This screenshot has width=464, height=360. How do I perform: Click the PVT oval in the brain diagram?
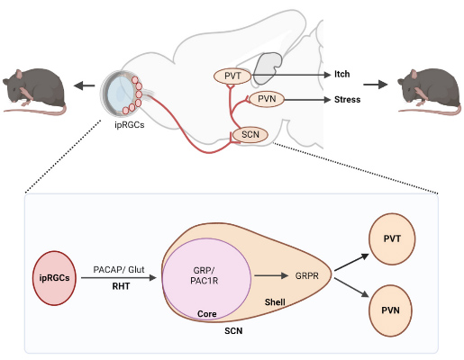[232, 76]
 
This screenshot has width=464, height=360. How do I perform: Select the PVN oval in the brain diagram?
[267, 99]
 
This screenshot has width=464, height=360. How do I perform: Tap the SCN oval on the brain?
[250, 135]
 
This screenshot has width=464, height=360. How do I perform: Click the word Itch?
[342, 74]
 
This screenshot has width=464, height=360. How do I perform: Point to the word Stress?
[348, 99]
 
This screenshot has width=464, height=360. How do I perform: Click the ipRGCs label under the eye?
[130, 125]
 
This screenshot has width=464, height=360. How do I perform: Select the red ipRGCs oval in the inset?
[54, 278]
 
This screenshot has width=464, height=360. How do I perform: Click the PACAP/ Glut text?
[119, 269]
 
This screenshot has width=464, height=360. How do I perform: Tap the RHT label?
[121, 286]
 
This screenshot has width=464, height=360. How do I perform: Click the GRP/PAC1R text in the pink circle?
[205, 275]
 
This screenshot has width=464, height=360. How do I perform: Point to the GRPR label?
[306, 275]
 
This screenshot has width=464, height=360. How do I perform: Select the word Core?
[207, 314]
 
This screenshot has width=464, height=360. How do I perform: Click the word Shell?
[275, 301]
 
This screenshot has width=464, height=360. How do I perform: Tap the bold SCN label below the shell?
[233, 331]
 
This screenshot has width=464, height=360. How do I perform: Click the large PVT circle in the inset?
[392, 238]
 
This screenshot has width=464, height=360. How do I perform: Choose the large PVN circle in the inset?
[390, 310]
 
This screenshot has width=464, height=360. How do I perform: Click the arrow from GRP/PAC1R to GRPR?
[271, 275]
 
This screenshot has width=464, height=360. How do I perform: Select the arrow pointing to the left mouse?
[84, 86]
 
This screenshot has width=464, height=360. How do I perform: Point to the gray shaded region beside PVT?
[268, 68]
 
